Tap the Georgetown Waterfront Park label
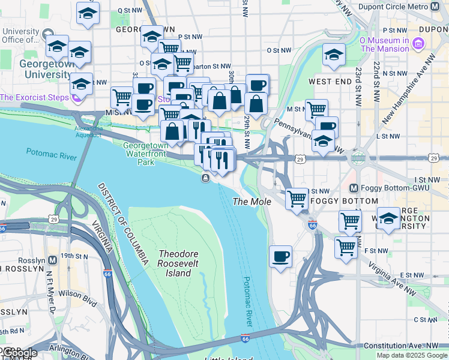coord(146,154)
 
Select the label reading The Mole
coord(252,202)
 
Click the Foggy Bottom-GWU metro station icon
coord(354,188)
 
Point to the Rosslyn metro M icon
coord(52,261)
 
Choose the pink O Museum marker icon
coord(419,43)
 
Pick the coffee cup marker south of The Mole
coord(280,257)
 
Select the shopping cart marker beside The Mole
coord(297,199)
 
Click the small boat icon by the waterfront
coord(205,178)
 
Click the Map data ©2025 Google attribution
coord(411,355)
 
